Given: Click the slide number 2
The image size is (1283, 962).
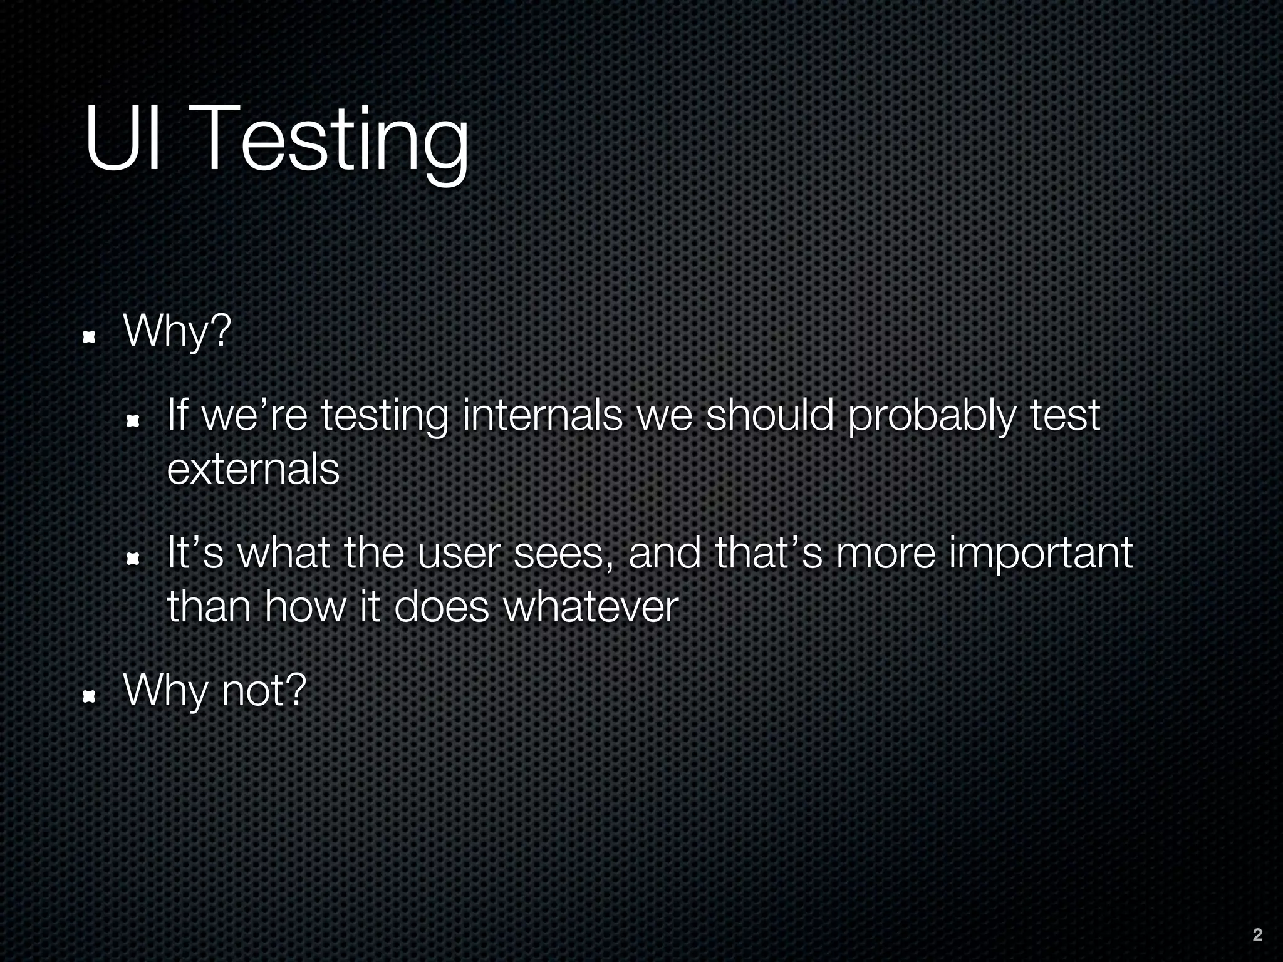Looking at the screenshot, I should click(x=1257, y=935).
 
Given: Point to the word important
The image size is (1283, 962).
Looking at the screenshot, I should click(x=1041, y=555).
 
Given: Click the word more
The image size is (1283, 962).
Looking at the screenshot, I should click(x=885, y=555).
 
